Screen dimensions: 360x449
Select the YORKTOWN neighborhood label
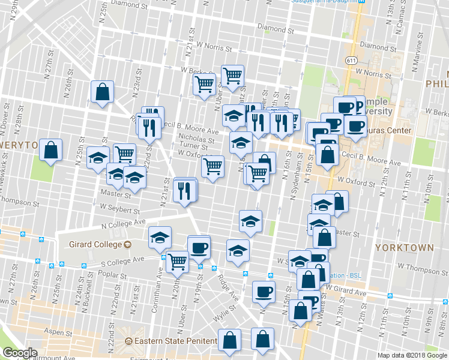point(403,247)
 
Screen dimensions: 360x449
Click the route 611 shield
point(351,61)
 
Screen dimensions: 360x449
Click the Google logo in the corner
point(20,353)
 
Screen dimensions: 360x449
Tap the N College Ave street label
point(124,223)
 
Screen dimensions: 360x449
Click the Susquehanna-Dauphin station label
point(328,2)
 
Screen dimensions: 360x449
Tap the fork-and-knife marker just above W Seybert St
point(185,190)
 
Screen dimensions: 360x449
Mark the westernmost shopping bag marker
point(51,150)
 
